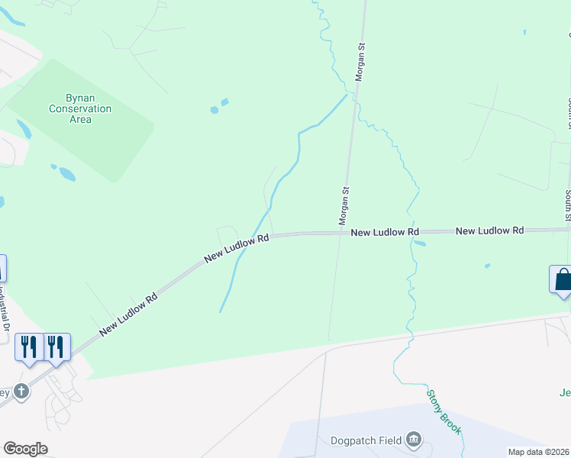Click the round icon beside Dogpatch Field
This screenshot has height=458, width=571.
pyautogui.click(x=413, y=439)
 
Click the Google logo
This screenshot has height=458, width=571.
pyautogui.click(x=25, y=448)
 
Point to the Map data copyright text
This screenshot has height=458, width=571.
pyautogui.click(x=539, y=452)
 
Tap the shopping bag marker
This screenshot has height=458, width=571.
pyautogui.click(x=563, y=279)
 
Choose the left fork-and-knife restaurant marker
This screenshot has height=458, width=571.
pyautogui.click(x=29, y=347)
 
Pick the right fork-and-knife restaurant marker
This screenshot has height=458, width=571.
pyautogui.click(x=56, y=347)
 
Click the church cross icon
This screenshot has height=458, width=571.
pyautogui.click(x=22, y=392)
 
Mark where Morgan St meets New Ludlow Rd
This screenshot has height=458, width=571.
pyautogui.click(x=341, y=233)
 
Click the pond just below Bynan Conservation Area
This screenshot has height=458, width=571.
pyautogui.click(x=67, y=174)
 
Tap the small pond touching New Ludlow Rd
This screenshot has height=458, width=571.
pyautogui.click(x=419, y=244)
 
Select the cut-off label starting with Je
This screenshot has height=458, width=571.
pyautogui.click(x=564, y=393)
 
